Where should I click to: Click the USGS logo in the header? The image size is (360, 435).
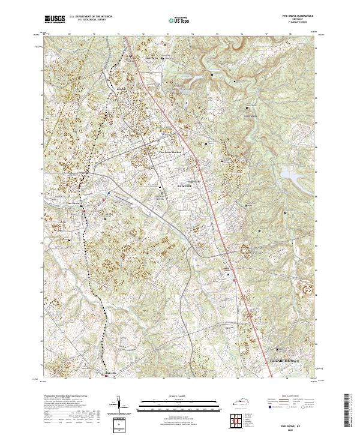coord(55,19)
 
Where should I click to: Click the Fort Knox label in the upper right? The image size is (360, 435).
coord(250,115)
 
